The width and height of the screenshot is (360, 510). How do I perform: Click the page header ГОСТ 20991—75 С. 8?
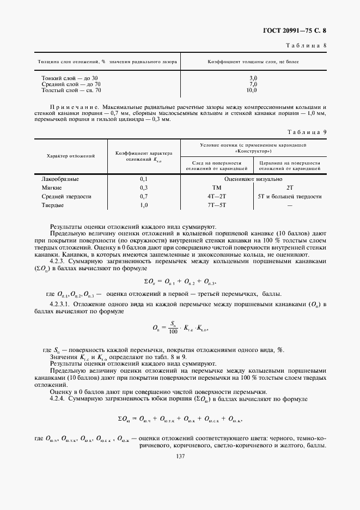click(305, 32)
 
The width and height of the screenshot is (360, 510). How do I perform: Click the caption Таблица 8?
click(307, 46)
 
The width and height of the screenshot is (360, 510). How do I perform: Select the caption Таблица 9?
click(307, 131)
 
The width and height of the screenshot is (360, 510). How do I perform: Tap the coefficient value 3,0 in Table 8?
click(253, 78)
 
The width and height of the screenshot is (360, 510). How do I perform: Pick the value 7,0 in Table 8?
click(253, 84)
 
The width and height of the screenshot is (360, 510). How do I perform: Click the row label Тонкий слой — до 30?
click(70, 78)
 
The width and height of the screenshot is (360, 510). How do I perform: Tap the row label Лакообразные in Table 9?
click(60, 179)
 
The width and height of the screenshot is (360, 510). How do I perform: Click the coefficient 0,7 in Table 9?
click(144, 196)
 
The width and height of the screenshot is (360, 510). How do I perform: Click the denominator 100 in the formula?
click(173, 331)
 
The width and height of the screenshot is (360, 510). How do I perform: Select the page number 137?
click(179, 456)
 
